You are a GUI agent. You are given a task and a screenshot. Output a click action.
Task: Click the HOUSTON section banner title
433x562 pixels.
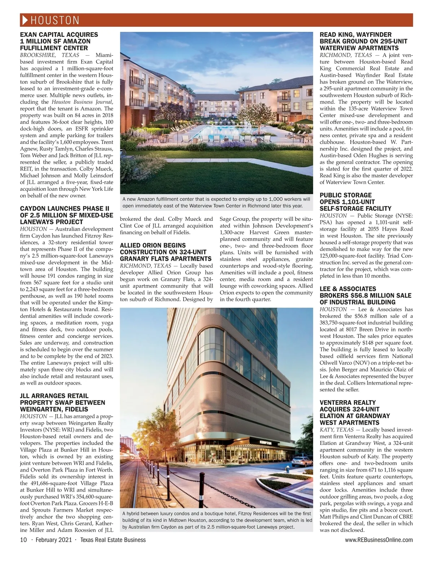pos(54,20)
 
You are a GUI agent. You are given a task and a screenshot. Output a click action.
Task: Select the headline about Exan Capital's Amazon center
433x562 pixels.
pos(59,41)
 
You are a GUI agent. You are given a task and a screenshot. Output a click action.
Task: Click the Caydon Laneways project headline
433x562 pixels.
pos(66,215)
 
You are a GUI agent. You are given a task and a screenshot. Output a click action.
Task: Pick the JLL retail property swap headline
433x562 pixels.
pos(62,403)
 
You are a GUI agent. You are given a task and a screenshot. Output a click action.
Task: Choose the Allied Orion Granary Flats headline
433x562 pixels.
pos(166,252)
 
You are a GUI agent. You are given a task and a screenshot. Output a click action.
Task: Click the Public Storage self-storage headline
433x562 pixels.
pos(355,202)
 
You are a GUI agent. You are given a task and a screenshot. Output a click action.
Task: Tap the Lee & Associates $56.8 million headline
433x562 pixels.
pos(365,295)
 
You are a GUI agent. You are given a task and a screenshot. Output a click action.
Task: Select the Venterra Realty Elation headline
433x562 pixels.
pos(355,412)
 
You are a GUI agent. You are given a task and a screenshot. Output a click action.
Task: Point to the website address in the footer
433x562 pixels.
pos(379,540)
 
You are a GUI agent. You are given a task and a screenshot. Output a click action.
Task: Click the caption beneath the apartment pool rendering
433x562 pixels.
pos(216,202)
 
